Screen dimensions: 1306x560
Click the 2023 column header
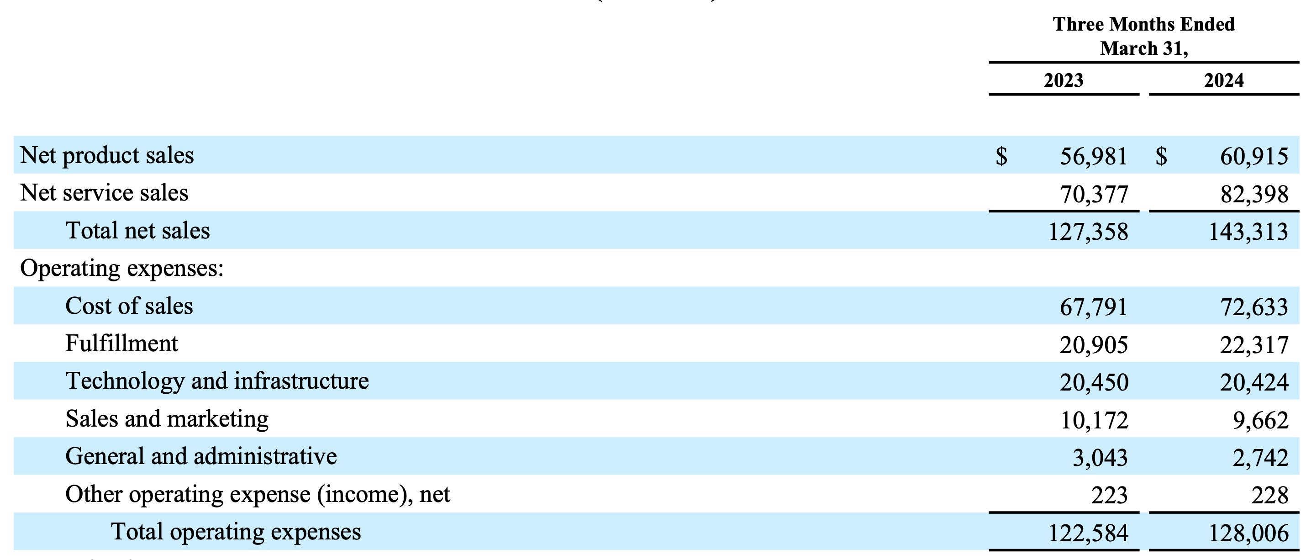coord(1063,80)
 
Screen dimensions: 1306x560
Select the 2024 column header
coord(1223,80)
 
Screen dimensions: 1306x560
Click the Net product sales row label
coord(106,155)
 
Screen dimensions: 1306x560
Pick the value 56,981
coord(1094,156)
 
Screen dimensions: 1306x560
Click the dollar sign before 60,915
coord(1161,156)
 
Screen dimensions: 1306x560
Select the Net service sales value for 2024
coord(1254,194)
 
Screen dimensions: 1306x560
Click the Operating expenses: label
coord(121,268)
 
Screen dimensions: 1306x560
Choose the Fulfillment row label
coord(121,343)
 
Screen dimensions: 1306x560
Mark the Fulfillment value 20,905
coord(1094,345)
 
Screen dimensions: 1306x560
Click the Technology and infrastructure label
coord(217,381)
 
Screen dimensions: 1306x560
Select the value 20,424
coord(1254,382)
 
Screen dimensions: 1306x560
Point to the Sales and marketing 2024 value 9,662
coord(1260,421)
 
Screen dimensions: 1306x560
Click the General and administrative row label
coord(201,456)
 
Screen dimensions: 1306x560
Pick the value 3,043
coord(1100,458)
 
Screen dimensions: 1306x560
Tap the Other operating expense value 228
coord(1269,496)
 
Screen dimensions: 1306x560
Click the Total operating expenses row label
coord(236,532)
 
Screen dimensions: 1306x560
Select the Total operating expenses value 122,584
coord(1088,533)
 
